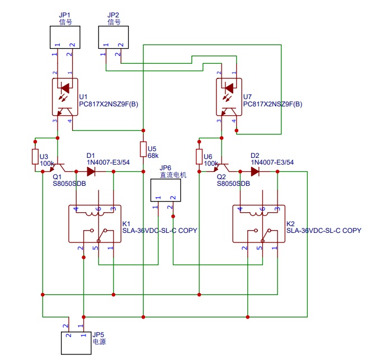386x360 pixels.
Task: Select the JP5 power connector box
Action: click(x=76, y=342)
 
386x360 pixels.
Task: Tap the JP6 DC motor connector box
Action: click(x=166, y=190)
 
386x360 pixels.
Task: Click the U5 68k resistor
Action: click(x=144, y=149)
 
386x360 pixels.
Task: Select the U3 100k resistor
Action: click(x=36, y=156)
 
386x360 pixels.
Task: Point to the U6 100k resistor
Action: click(x=199, y=156)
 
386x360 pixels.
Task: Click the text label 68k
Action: click(x=153, y=156)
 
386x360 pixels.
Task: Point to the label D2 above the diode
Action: click(x=255, y=155)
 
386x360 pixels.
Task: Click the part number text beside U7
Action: click(x=272, y=104)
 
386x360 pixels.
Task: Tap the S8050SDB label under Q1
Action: click(x=69, y=183)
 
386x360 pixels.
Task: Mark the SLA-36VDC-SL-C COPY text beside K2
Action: click(x=323, y=230)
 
